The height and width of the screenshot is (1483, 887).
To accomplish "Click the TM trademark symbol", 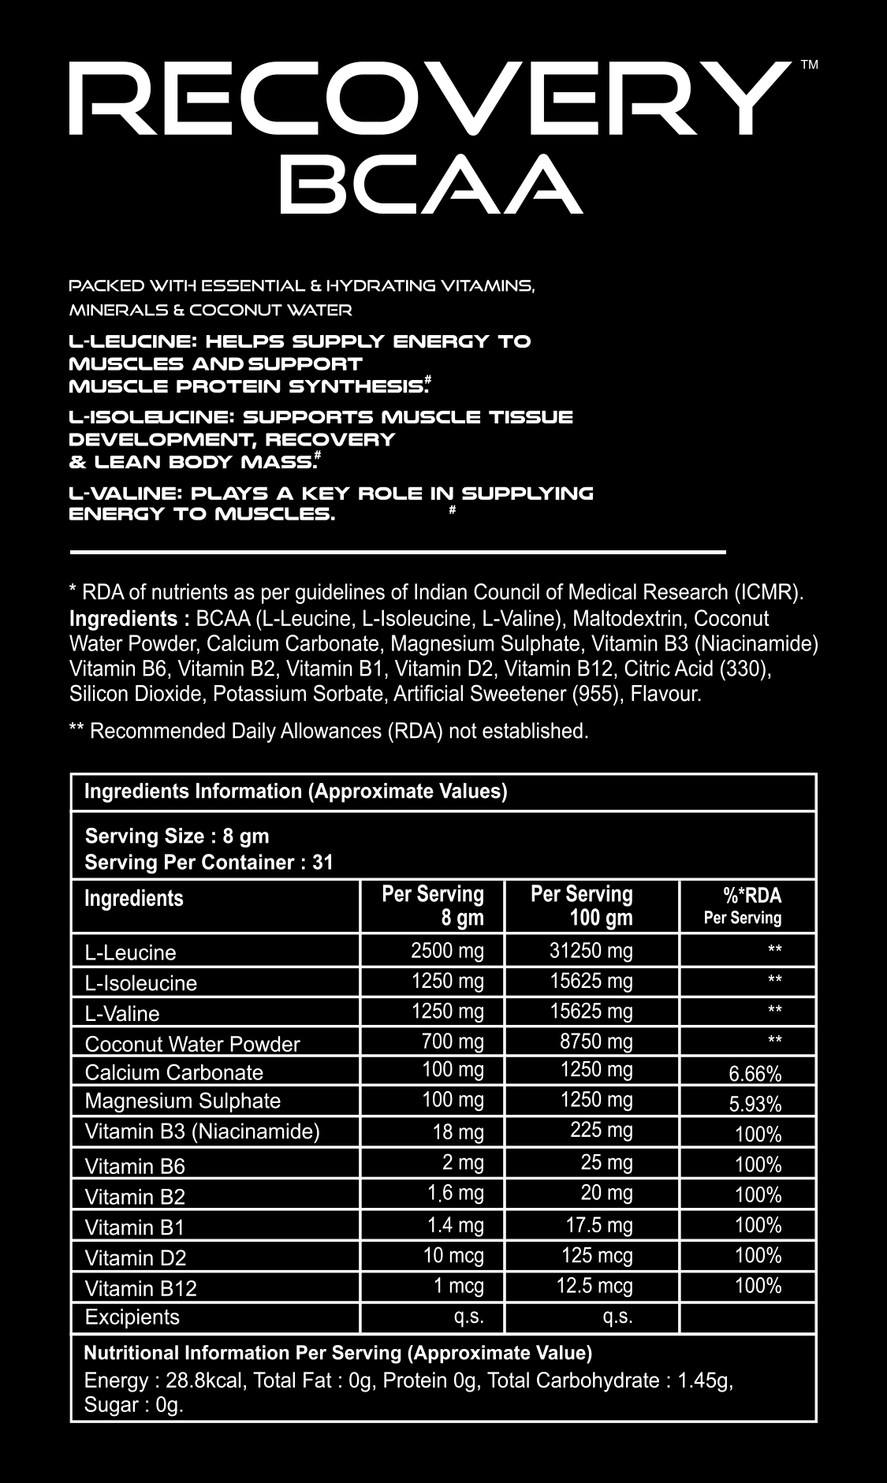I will coord(809,65).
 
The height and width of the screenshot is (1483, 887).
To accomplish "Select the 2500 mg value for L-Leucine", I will coord(447,951).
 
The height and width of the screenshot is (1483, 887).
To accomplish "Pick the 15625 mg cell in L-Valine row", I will coord(591,1012).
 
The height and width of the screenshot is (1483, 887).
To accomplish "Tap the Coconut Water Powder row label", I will coord(192,1044).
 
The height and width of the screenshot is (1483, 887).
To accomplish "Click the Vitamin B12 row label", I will coord(140,1288).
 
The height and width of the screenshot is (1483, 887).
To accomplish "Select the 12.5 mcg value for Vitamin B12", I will coord(594,1286).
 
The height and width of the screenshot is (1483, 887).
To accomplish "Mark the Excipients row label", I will coord(132,1317).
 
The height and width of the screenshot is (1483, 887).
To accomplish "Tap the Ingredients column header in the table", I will coord(133,898).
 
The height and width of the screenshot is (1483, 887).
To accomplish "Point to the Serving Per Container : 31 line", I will coord(209,862).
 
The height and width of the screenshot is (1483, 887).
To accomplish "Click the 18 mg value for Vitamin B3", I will coord(457,1132).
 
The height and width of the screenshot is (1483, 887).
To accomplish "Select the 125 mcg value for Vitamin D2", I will coord(597,1255).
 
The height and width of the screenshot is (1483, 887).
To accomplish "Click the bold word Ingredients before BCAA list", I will coord(123,618).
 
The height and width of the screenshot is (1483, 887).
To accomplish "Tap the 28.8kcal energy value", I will coord(189,1381).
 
